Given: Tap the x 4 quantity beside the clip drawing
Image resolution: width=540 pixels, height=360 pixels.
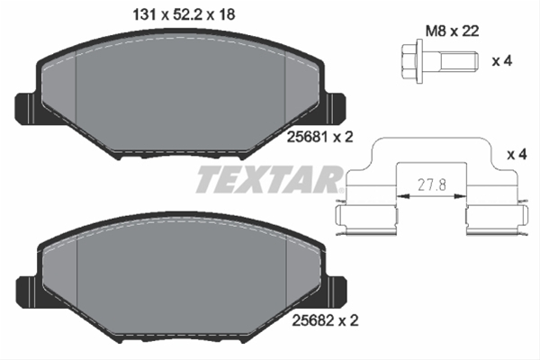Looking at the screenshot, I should [517, 154].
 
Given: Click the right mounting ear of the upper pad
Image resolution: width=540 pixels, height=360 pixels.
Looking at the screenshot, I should [336, 109].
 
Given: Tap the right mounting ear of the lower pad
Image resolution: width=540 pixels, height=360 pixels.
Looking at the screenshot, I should [336, 290].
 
